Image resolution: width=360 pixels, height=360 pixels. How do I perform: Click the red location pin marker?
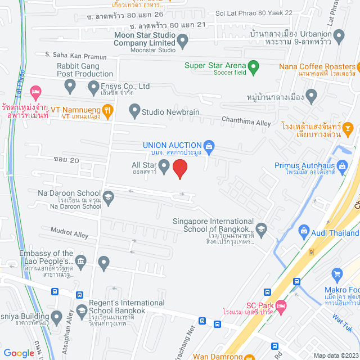point(179,168)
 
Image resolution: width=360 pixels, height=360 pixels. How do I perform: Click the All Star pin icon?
point(164,166)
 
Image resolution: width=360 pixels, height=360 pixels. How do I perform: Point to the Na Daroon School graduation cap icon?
point(108,197)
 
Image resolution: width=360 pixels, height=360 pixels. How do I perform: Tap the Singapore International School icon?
point(261,228)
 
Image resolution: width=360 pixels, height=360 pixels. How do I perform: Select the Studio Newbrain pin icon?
point(134,112)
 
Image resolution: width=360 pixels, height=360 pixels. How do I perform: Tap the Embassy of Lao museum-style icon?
point(81,260)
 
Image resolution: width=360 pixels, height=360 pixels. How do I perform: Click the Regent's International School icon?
point(81,310)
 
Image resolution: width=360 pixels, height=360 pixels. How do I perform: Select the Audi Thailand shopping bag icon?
point(304,231)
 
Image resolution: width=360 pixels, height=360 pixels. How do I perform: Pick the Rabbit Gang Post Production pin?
point(70,86)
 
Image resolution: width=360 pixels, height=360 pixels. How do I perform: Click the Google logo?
point(19,353)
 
